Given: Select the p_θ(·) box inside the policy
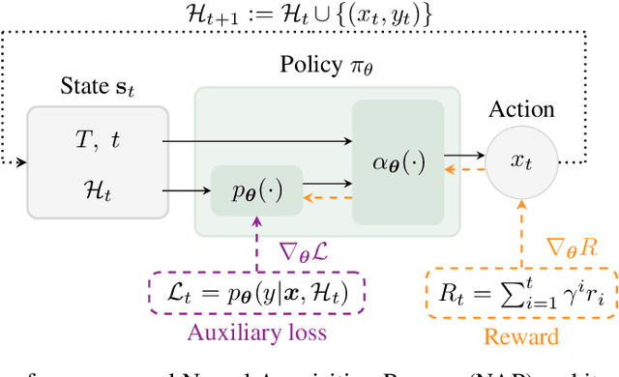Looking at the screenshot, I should coord(257,189).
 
